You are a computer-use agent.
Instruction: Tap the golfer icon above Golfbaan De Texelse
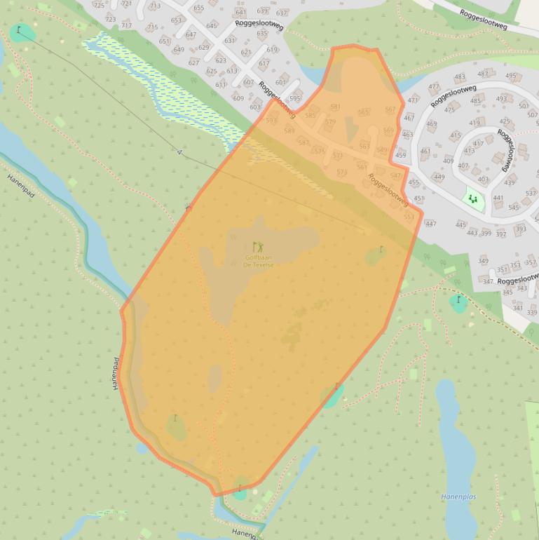click(258, 247)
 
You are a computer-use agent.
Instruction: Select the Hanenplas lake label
click(458, 497)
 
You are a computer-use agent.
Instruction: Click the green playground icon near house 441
click(474, 200)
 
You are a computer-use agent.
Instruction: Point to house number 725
click(99, 6)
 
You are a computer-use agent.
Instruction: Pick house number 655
click(199, 8)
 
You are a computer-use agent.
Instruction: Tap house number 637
click(282, 13)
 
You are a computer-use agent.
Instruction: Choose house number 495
click(510, 76)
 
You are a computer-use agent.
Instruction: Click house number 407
click(463, 166)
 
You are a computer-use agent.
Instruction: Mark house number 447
click(430, 224)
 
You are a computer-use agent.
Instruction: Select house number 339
click(531, 312)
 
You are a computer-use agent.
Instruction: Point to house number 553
click(409, 217)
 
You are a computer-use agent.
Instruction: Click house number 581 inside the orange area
click(335, 107)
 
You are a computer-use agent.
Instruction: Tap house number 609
click(238, 99)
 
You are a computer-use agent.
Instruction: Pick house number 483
click(460, 78)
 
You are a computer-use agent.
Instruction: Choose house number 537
click(531, 194)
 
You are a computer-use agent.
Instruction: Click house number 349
click(484, 261)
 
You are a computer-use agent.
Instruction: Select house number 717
click(126, 26)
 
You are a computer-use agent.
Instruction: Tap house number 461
click(425, 151)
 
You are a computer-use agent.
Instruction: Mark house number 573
click(341, 173)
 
